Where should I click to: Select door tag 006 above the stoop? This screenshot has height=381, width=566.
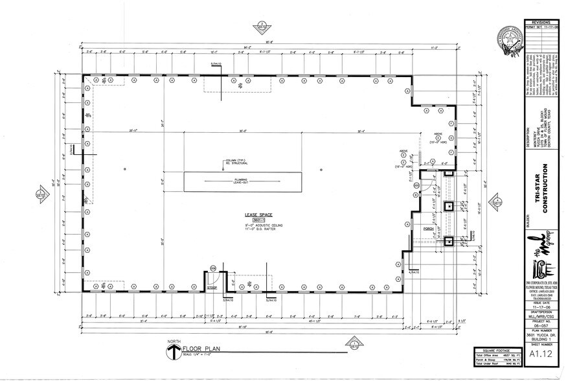[212, 268]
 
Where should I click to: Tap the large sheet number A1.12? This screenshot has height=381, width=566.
[541, 354]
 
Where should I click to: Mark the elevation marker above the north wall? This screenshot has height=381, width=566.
[261, 27]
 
